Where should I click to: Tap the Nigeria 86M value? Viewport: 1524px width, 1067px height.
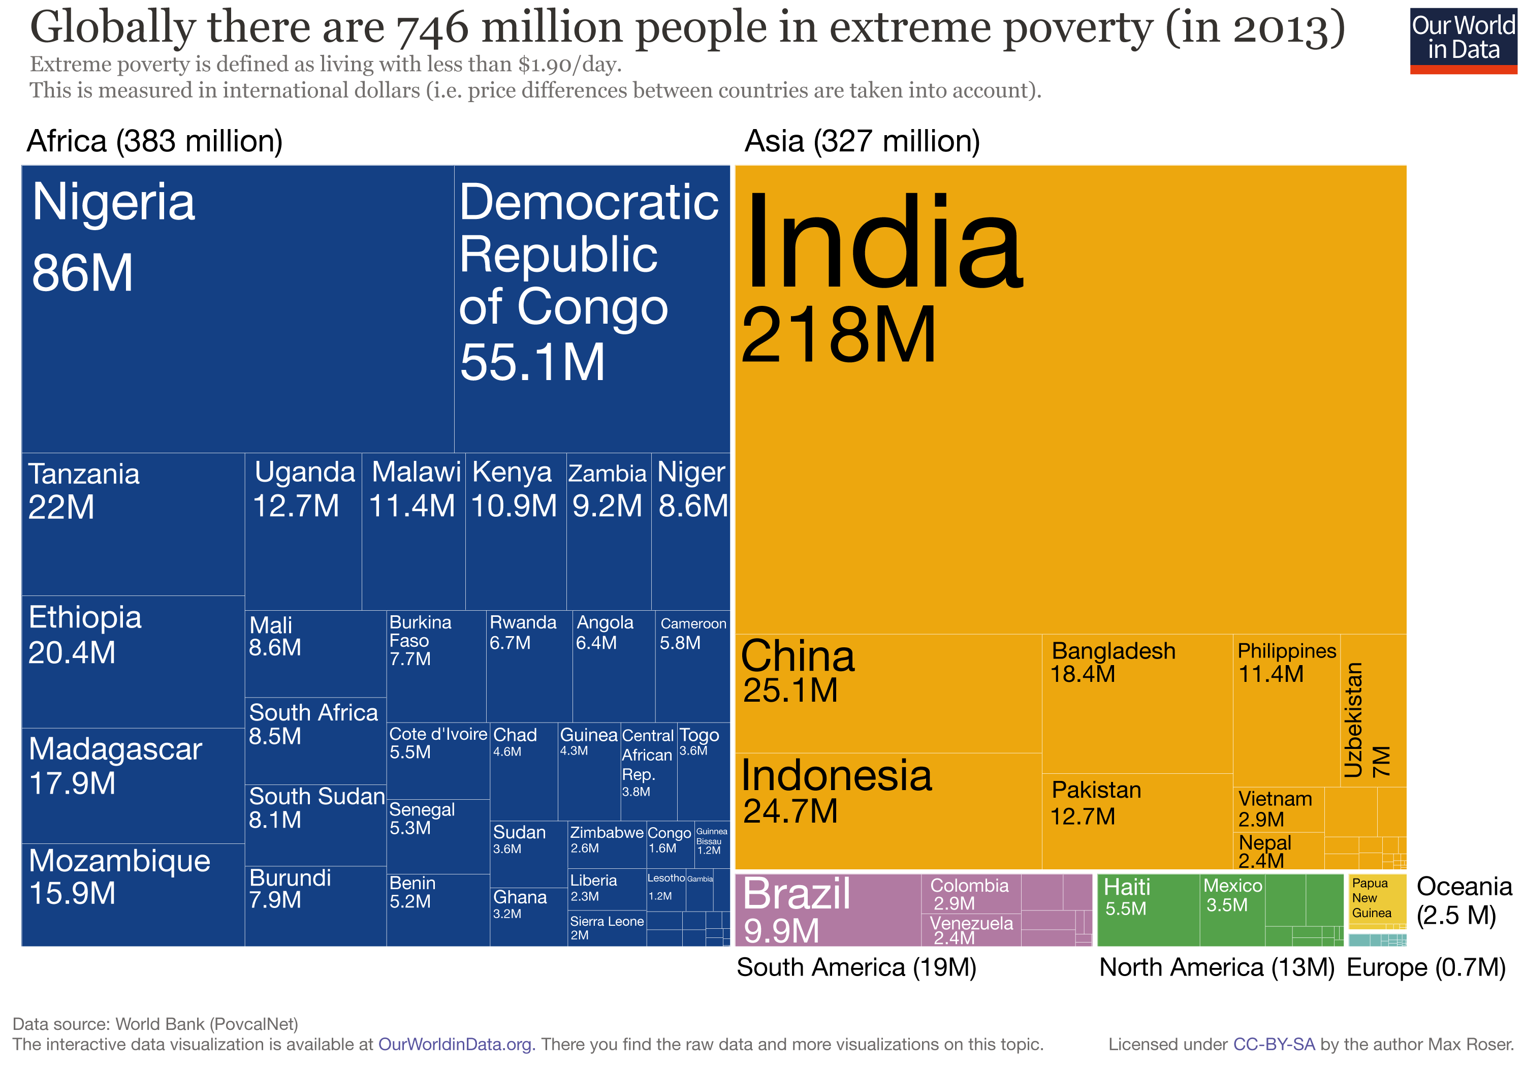[82, 273]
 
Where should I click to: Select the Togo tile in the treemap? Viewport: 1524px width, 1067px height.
[703, 770]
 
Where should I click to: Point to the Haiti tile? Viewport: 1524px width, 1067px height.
[1148, 909]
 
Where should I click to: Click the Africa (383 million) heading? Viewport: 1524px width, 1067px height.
[154, 141]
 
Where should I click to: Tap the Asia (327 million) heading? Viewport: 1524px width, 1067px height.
[862, 141]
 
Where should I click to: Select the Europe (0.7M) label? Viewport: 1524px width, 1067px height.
[1426, 967]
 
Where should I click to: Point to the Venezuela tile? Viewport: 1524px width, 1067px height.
[970, 929]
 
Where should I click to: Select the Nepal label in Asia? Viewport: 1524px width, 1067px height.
[1264, 843]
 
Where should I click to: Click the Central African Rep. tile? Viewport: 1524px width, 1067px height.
[648, 770]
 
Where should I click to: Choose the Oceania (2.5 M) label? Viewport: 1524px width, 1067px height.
[1463, 900]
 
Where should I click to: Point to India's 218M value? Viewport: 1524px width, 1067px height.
[838, 336]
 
